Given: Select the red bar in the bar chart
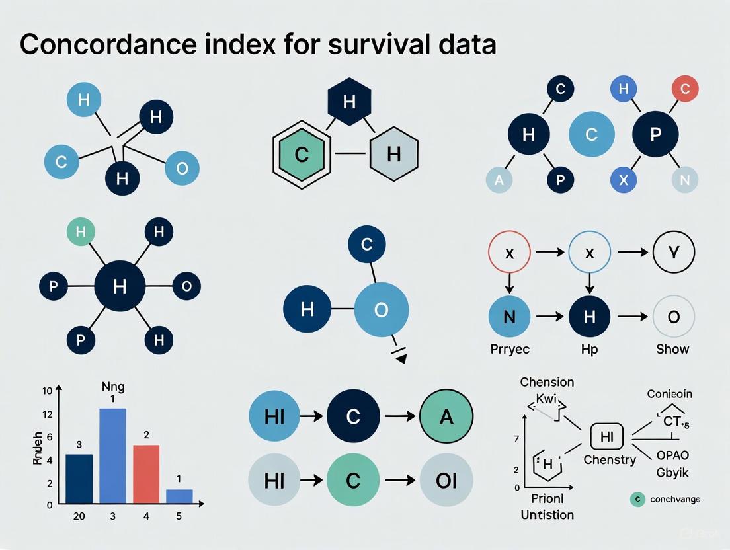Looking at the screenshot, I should (x=147, y=474).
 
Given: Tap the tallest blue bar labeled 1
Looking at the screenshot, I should (x=112, y=456).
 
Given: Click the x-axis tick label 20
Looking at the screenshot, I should (x=79, y=516).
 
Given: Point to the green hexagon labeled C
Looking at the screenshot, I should (x=302, y=155).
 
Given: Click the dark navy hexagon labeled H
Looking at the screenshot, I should (x=349, y=102).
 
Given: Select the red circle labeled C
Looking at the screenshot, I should (x=684, y=89).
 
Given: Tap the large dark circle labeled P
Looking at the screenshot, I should (x=655, y=135).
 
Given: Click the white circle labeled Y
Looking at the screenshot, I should (x=672, y=254).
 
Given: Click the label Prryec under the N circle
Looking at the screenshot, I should (x=509, y=349).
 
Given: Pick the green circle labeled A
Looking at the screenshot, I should (x=446, y=416).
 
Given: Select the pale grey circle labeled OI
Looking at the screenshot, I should (x=446, y=480).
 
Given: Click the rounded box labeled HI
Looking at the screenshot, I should (x=606, y=436).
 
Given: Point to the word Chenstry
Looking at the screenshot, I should (x=610, y=459).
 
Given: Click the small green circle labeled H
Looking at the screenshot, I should (x=81, y=232).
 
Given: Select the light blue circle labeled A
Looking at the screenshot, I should (x=499, y=180).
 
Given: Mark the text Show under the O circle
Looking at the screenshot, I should (x=672, y=349).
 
